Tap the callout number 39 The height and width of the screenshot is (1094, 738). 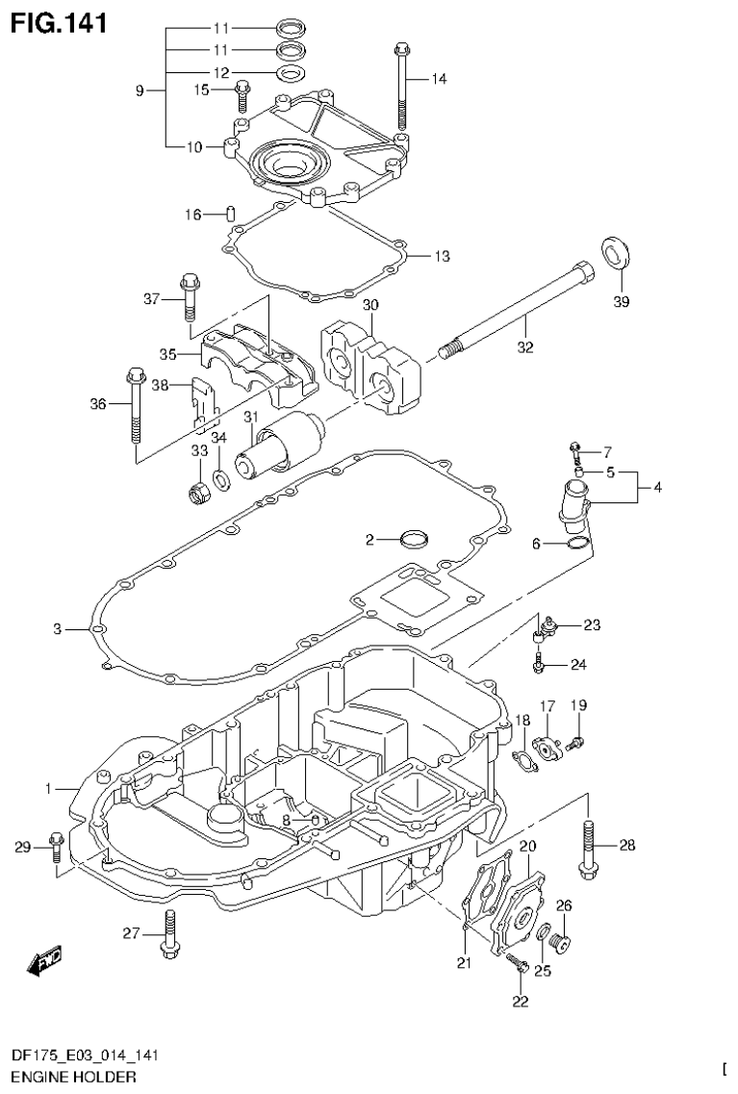[621, 303]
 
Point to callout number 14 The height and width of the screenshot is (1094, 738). [439, 79]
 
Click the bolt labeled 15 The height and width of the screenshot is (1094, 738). [242, 96]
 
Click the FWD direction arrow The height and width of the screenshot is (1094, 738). [44, 958]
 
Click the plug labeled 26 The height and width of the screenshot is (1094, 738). [565, 941]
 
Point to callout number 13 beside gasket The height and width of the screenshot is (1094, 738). [441, 257]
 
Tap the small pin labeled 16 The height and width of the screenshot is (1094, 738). [231, 213]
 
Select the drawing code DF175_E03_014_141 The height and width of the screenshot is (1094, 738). [86, 1056]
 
